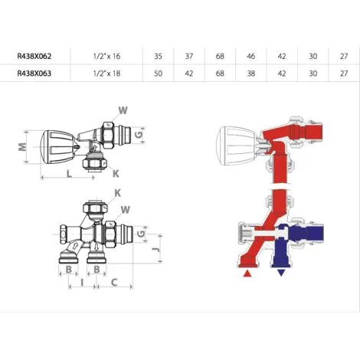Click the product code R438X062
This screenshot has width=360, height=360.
coord(34,56)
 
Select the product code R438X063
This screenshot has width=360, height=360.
coord(34,74)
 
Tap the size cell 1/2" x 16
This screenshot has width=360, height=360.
coord(106,56)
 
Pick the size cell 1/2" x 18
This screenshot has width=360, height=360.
coord(106,74)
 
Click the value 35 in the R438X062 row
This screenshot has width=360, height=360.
coord(158,56)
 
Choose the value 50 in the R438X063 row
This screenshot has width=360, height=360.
coord(158,74)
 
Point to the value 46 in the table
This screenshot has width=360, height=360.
coord(251,56)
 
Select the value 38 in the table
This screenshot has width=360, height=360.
coord(251,74)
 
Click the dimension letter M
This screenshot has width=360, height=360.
coord(23,146)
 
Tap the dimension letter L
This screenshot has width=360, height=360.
coord(69,174)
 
